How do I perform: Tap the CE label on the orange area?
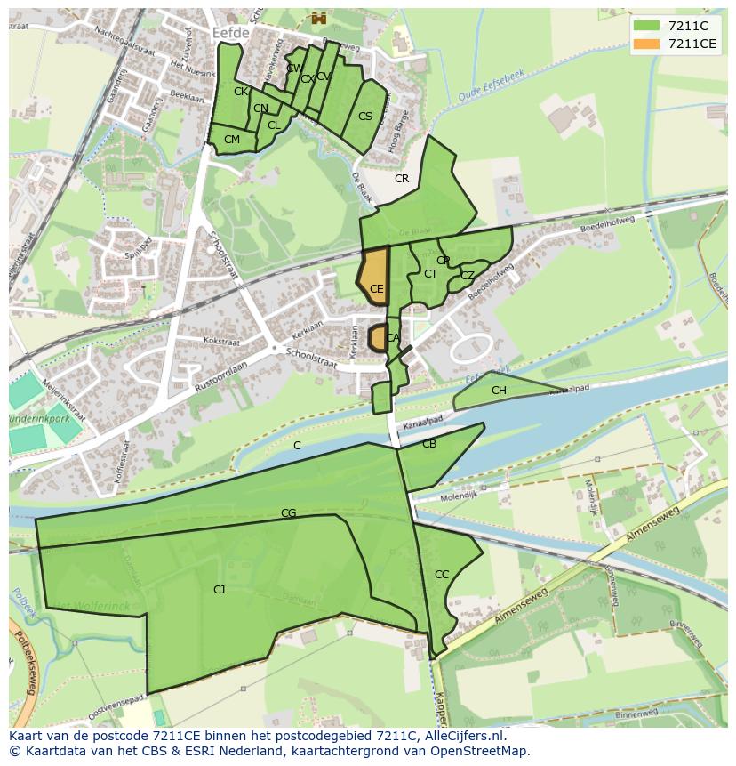pyautogui.click(x=376, y=288)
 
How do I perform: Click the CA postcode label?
pyautogui.click(x=392, y=338)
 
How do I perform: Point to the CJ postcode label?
pyautogui.click(x=219, y=589)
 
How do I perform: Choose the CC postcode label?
pyautogui.click(x=442, y=574)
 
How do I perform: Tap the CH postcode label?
pyautogui.click(x=499, y=391)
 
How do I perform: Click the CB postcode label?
pyautogui.click(x=429, y=444)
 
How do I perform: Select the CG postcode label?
pyautogui.click(x=288, y=513)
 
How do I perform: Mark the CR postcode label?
pyautogui.click(x=402, y=179)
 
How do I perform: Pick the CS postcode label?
pyautogui.click(x=365, y=117)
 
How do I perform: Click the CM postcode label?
pyautogui.click(x=232, y=140)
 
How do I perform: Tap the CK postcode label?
pyautogui.click(x=241, y=91)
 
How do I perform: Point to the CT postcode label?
pyautogui.click(x=430, y=274)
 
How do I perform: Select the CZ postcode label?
pyautogui.click(x=467, y=276)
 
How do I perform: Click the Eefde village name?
pyautogui.click(x=232, y=32)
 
